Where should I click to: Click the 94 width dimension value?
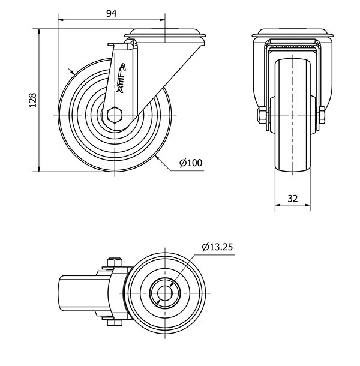pyautogui.click(x=111, y=13)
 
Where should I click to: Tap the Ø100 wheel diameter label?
pyautogui.click(x=191, y=163)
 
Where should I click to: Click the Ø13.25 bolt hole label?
pyautogui.click(x=217, y=247)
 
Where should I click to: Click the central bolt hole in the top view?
pyautogui.click(x=163, y=291)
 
